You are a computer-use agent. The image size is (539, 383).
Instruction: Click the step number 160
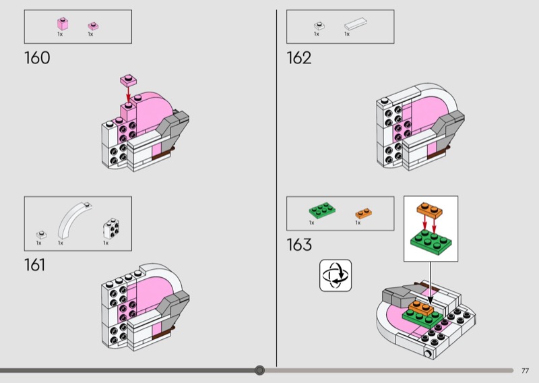[x=37, y=58]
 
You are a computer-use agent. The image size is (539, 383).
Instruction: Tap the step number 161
[x=35, y=265]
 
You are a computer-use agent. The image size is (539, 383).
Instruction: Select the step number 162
[x=299, y=58]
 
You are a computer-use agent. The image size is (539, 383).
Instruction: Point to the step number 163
[x=299, y=245]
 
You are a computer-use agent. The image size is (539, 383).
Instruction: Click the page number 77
[x=525, y=371]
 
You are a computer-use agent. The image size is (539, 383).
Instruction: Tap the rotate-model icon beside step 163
[x=336, y=275]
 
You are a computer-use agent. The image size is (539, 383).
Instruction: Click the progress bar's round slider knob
[x=260, y=370]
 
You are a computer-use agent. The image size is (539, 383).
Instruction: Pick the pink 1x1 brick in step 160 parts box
[x=63, y=24]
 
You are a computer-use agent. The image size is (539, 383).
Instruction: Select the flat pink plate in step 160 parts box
[x=93, y=26]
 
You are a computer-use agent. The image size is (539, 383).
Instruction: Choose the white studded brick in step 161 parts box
[x=111, y=229]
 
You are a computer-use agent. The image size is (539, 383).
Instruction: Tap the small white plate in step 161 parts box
[x=41, y=235]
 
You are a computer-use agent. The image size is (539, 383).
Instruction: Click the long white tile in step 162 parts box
[x=356, y=24]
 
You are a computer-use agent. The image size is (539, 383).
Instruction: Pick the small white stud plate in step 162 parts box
[x=319, y=26]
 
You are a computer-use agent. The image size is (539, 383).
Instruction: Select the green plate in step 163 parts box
[x=322, y=210]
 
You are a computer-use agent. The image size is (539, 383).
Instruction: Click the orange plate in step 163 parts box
[x=363, y=213]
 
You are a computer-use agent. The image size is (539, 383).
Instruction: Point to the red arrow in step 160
[x=128, y=94]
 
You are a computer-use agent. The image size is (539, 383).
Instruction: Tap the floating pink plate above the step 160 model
[x=128, y=80]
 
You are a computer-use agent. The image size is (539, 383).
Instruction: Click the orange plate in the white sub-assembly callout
[x=430, y=210]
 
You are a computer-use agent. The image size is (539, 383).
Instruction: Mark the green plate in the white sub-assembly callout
[x=431, y=243]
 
